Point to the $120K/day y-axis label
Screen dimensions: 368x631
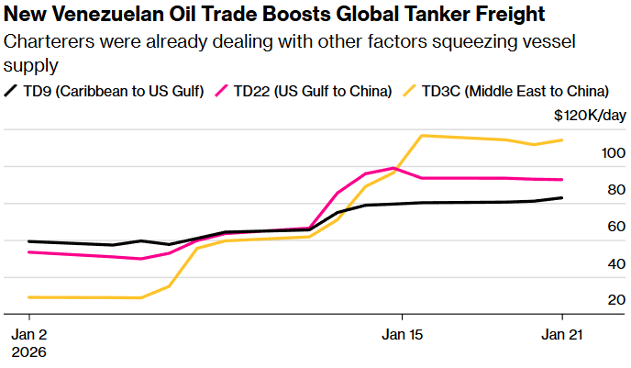(x=591, y=116)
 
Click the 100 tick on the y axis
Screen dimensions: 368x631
(x=614, y=152)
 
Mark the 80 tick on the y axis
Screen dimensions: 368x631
(x=616, y=190)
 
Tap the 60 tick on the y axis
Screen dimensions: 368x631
(x=616, y=227)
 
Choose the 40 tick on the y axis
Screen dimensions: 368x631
(x=616, y=263)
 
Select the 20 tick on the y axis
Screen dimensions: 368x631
(x=616, y=300)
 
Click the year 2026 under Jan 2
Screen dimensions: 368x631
(x=28, y=351)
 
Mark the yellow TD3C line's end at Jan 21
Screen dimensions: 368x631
(x=561, y=140)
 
